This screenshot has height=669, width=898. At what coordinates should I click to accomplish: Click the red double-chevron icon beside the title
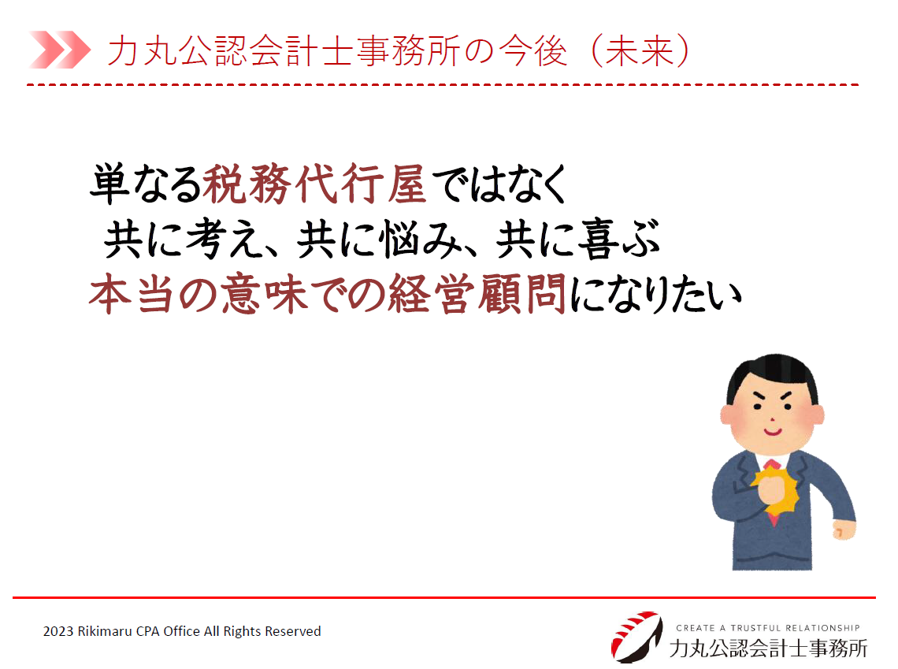[x=60, y=50]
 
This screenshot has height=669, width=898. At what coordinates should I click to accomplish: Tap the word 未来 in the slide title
[x=639, y=50]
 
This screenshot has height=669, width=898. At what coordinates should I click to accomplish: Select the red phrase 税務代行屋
[x=314, y=184]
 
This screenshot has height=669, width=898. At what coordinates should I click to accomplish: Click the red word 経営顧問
[x=477, y=295]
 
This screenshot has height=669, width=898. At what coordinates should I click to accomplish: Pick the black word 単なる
[x=146, y=184]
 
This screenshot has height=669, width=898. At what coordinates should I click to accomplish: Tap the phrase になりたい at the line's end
[x=655, y=295]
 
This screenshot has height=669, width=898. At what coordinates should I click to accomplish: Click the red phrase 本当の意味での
[x=238, y=295]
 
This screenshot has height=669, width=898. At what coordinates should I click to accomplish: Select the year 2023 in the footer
[x=58, y=631]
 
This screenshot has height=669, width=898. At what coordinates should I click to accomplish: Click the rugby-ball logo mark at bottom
[x=636, y=637]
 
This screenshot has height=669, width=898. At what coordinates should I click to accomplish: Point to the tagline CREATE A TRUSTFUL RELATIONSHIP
[x=768, y=628]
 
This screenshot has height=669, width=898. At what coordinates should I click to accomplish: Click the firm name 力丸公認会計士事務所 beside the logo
[x=768, y=649]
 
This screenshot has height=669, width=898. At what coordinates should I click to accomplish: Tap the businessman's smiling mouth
[x=773, y=431]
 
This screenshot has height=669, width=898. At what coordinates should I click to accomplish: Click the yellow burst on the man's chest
[x=775, y=490]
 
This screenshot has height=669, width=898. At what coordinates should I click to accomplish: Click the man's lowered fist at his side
[x=843, y=529]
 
